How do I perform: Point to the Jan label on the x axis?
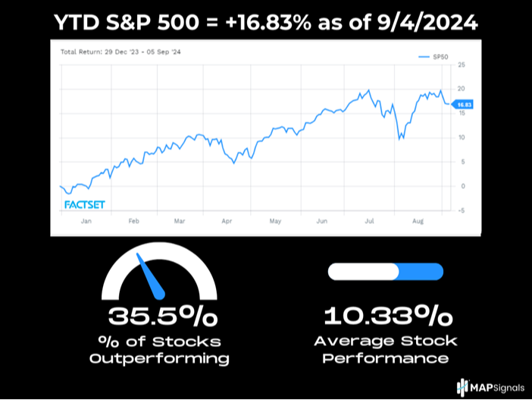(x=86, y=221)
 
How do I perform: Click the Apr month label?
(x=226, y=221)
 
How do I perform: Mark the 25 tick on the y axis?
(x=460, y=65)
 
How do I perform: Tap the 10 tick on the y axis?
(x=460, y=137)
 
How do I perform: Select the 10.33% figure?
(x=386, y=315)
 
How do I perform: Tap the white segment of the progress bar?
(x=361, y=271)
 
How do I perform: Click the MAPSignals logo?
(x=490, y=387)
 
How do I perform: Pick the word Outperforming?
(x=159, y=357)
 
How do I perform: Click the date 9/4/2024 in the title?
(x=426, y=24)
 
